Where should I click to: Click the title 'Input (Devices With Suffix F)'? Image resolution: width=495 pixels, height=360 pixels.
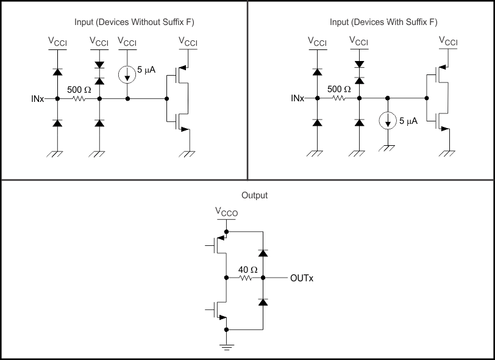tap(383, 23)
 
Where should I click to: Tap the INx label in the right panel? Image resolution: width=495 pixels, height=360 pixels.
tap(297, 98)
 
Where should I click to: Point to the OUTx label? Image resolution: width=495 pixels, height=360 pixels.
tap(302, 278)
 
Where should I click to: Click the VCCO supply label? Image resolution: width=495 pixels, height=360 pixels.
tap(227, 212)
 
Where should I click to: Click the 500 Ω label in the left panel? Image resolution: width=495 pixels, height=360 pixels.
tap(79, 90)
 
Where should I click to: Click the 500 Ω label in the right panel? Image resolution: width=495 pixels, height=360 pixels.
tap(339, 90)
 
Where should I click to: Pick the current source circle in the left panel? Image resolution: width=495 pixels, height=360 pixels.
tap(127, 74)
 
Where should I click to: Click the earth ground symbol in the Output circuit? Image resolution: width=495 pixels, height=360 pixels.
tap(226, 347)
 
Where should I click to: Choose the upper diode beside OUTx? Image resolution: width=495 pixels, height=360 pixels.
tap(263, 253)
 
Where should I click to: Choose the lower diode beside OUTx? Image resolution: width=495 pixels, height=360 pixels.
tap(263, 302)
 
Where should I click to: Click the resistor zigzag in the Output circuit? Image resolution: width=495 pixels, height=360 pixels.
tap(245, 278)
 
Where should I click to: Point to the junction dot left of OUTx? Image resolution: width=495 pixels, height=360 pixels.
tap(263, 278)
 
